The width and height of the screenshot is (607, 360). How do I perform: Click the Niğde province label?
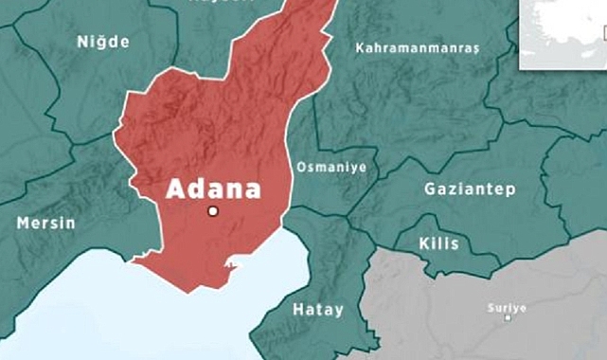pyautogui.click(x=102, y=43)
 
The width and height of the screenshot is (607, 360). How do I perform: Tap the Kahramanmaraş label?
pyautogui.click(x=418, y=47)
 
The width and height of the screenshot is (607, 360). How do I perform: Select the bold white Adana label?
pyautogui.click(x=213, y=188)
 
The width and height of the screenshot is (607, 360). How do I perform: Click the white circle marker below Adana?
pyautogui.click(x=214, y=210)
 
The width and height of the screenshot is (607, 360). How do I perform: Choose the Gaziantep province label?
pyautogui.click(x=471, y=189)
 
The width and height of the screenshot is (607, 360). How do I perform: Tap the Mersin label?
pyautogui.click(x=45, y=225)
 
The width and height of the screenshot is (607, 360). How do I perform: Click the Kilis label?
pyautogui.click(x=438, y=243)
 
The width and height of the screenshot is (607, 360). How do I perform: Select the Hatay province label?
pyautogui.click(x=318, y=310)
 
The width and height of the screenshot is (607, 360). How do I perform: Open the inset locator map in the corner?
pyautogui.click(x=563, y=30)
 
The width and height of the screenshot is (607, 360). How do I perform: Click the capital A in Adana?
pyautogui.click(x=175, y=188)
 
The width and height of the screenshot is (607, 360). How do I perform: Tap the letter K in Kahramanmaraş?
pyautogui.click(x=359, y=47)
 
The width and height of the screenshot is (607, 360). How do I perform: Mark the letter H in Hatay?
pyautogui.click(x=297, y=310)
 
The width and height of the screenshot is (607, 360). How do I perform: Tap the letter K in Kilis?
pyautogui.click(x=423, y=243)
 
